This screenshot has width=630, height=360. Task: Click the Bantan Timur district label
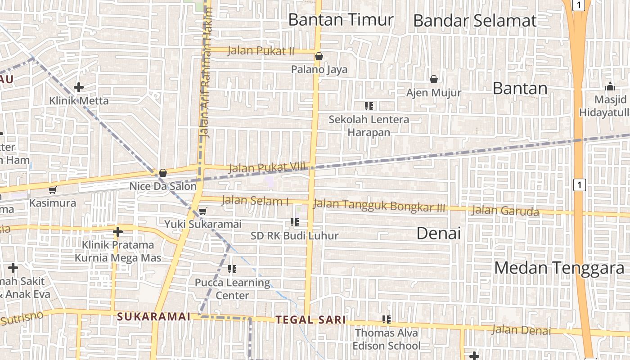pyautogui.click(x=341, y=20)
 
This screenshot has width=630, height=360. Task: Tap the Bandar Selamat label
pyautogui.click(x=475, y=21)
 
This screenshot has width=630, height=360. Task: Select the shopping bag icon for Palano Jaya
pyautogui.click(x=319, y=56)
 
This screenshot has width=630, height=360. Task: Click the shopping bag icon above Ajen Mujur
pyautogui.click(x=434, y=79)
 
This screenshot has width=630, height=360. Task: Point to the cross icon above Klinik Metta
pyautogui.click(x=79, y=87)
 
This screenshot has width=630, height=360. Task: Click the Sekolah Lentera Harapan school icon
pyautogui.click(x=369, y=106)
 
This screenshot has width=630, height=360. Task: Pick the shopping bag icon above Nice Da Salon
pyautogui.click(x=163, y=173)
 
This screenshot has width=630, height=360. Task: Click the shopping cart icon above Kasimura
pyautogui.click(x=52, y=190)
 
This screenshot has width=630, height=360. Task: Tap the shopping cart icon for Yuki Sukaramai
pyautogui.click(x=203, y=211)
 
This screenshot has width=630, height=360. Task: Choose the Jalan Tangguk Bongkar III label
pyautogui.click(x=379, y=206)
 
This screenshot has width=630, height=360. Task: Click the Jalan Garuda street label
pyautogui.click(x=505, y=211)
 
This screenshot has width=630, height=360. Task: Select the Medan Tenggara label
pyautogui.click(x=560, y=268)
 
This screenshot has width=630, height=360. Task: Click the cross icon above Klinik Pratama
pyautogui.click(x=117, y=232)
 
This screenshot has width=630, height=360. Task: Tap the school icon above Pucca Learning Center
pyautogui.click(x=232, y=269)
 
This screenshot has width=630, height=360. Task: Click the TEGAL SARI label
pyautogui.click(x=310, y=320)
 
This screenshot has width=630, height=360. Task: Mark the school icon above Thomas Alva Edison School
pyautogui.click(x=387, y=319)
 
